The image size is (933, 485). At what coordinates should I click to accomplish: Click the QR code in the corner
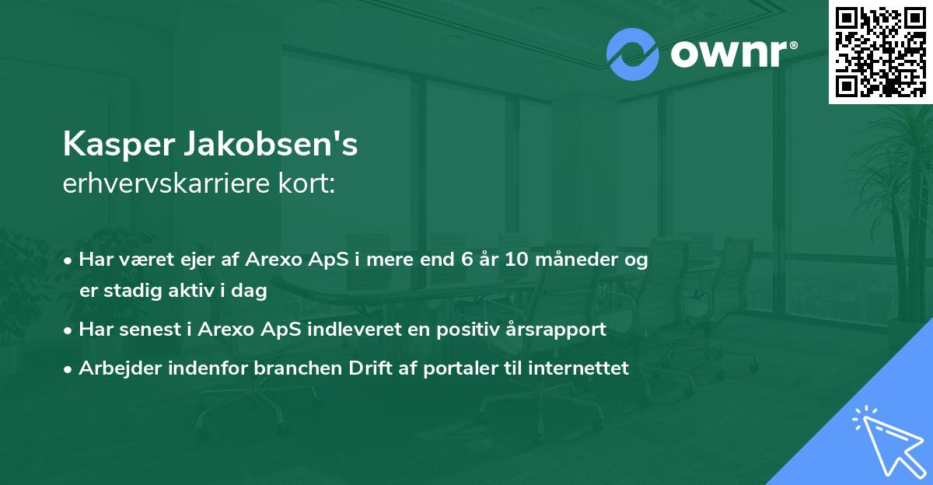click(x=879, y=51)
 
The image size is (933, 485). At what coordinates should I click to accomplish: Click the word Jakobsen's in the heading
click(x=269, y=145)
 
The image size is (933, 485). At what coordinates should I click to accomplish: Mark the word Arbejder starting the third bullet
click(x=117, y=368)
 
